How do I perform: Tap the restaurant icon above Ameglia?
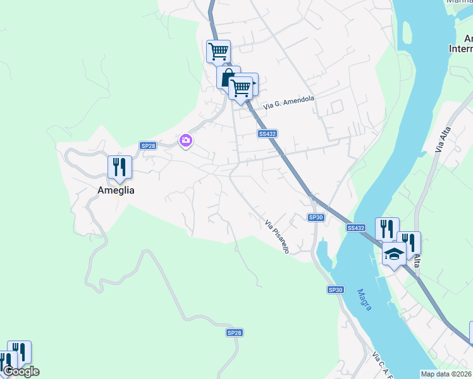pyautogui.click(x=120, y=167)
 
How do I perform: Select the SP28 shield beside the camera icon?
pyautogui.click(x=148, y=145)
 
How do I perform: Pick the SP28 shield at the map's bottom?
pyautogui.click(x=234, y=332)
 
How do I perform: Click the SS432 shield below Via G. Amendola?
pyautogui.click(x=267, y=134)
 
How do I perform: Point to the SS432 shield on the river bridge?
pyautogui.click(x=356, y=227)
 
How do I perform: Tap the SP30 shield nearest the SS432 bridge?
pyautogui.click(x=316, y=217)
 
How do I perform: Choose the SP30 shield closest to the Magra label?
pyautogui.click(x=335, y=289)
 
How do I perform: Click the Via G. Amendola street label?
pyautogui.click(x=289, y=103)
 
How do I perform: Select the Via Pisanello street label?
pyautogui.click(x=277, y=237)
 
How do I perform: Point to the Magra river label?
pyautogui.click(x=364, y=299)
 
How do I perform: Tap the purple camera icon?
pyautogui.click(x=186, y=140)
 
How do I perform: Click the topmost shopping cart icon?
pyautogui.click(x=218, y=51)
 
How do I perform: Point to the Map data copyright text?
pyautogui.click(x=446, y=374)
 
